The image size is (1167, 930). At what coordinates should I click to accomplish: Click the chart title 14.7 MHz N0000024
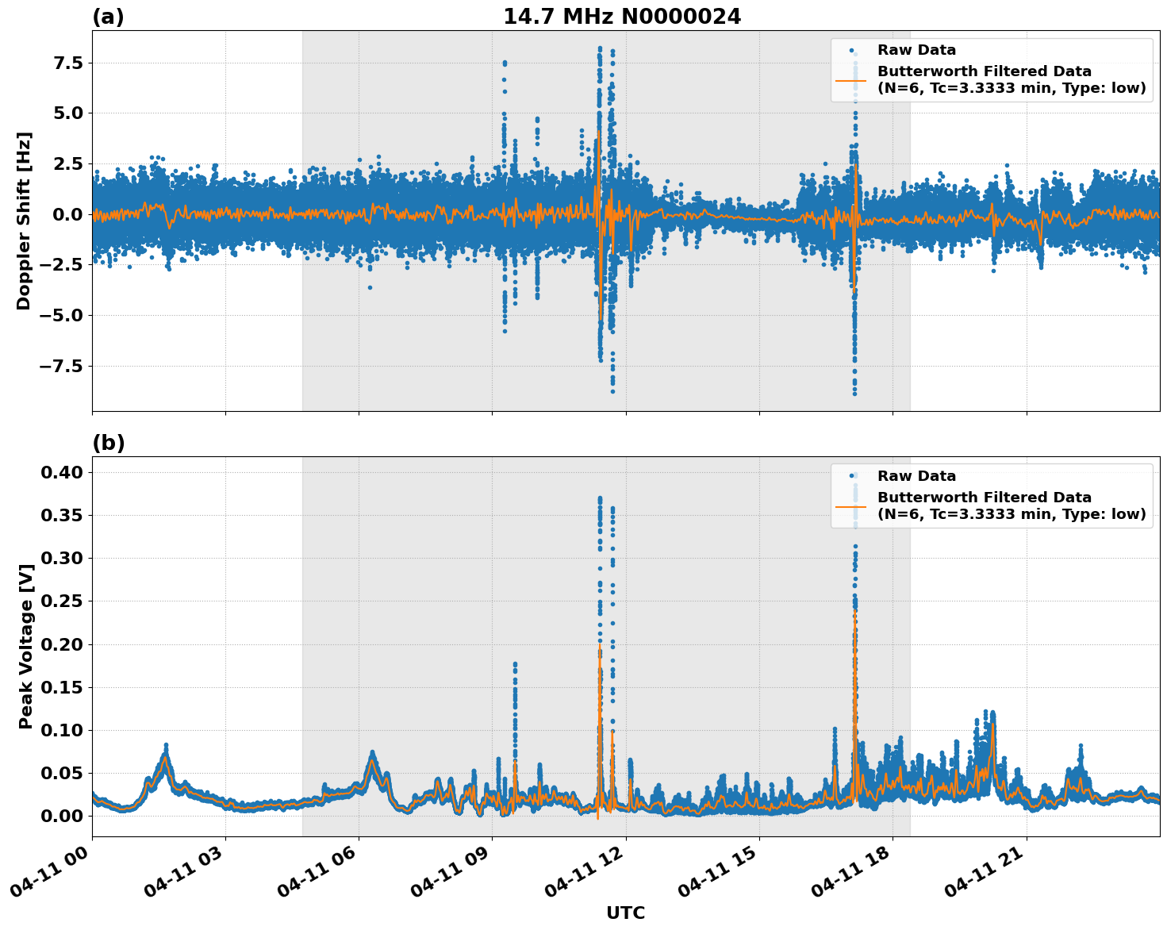click(x=621, y=17)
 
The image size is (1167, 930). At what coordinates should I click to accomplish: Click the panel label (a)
click(x=108, y=17)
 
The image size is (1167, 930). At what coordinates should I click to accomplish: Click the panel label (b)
click(x=108, y=443)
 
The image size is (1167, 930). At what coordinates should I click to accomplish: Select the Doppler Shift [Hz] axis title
click(x=24, y=221)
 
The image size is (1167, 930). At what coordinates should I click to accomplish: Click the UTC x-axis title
click(x=625, y=913)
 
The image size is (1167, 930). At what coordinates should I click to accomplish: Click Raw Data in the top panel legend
click(x=916, y=50)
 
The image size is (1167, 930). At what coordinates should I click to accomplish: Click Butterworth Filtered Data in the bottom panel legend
click(x=984, y=498)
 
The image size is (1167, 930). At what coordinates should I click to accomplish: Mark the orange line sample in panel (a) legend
click(x=850, y=80)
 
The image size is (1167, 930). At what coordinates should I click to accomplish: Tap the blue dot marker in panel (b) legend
click(x=851, y=476)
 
